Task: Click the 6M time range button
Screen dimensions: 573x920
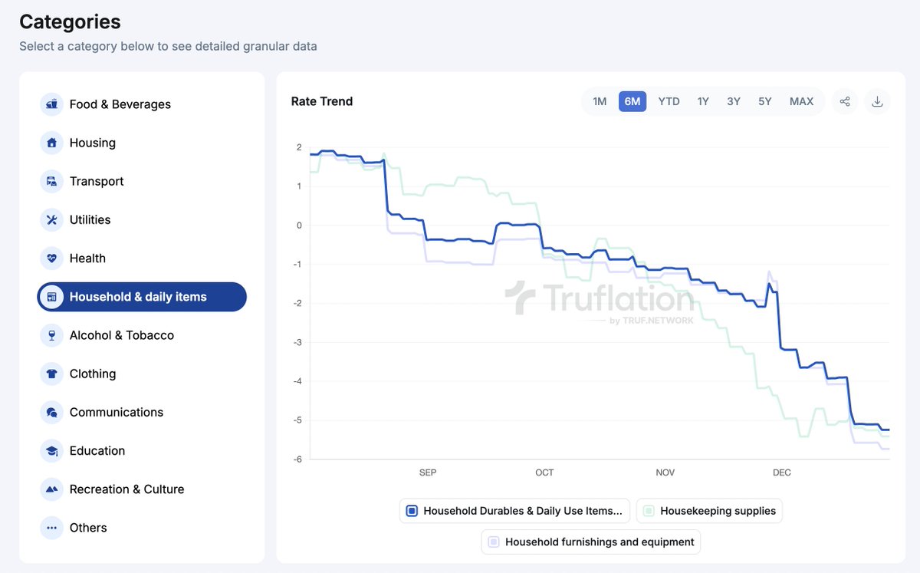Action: coord(632,101)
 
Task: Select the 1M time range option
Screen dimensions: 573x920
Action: coord(600,101)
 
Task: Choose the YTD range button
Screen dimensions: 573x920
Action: coord(669,101)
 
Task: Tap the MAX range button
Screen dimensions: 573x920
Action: coord(801,101)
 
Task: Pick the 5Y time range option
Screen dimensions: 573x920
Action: coord(764,101)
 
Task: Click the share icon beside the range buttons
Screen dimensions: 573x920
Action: coord(844,101)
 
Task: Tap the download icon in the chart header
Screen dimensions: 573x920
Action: coord(878,101)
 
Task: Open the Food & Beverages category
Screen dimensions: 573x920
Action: coord(120,104)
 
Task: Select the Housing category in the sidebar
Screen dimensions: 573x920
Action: coord(92,143)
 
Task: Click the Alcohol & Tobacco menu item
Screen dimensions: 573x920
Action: coord(121,335)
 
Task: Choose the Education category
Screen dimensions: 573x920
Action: coord(97,451)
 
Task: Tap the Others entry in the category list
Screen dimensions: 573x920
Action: coord(87,528)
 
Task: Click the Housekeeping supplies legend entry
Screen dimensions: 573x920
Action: coord(709,511)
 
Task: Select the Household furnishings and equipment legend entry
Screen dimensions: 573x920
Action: coord(590,542)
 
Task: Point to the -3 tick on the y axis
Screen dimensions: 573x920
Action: coord(298,342)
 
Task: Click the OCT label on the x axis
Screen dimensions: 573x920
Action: coord(544,473)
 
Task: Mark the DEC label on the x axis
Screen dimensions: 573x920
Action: coord(781,473)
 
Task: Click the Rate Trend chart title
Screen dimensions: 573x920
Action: coord(322,101)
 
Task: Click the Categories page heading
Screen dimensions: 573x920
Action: coord(70,21)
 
